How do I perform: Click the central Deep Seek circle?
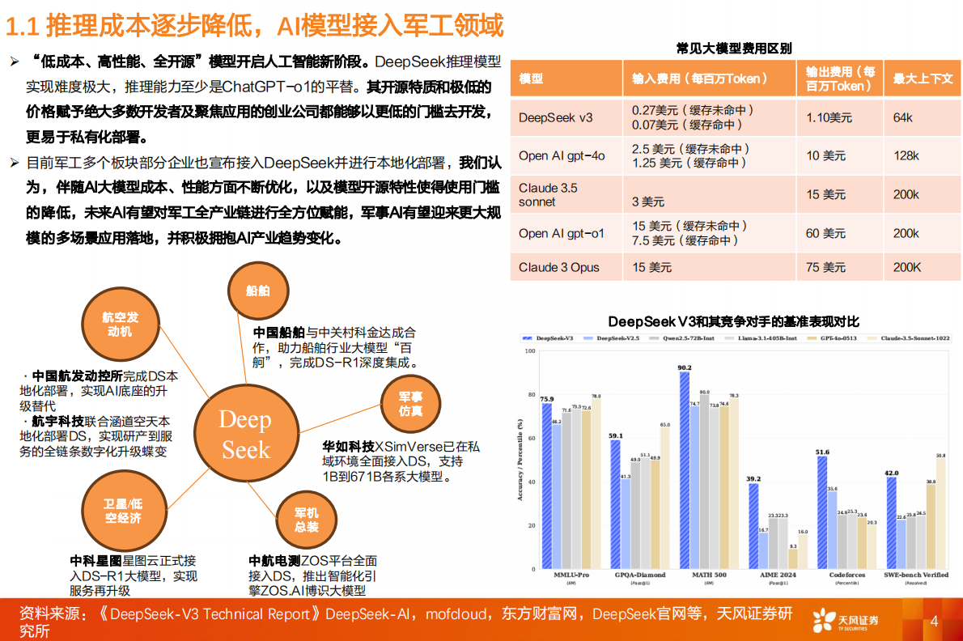point(246,434)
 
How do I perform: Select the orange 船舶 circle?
point(258,291)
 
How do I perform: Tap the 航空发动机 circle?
point(121,325)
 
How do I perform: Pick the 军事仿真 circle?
point(410,404)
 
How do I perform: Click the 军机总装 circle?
point(307,520)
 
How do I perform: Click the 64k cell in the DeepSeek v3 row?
point(902,117)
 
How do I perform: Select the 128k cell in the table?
point(906,155)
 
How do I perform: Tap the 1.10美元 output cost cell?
point(829,117)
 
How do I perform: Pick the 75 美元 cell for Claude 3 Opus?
point(829,267)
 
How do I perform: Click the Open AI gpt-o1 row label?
point(562,233)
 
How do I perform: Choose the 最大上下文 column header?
point(923,79)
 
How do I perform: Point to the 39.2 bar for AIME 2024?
point(753,525)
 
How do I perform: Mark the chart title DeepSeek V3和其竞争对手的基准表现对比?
point(733,321)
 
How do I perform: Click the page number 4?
point(934,622)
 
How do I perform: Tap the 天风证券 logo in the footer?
point(846,621)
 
